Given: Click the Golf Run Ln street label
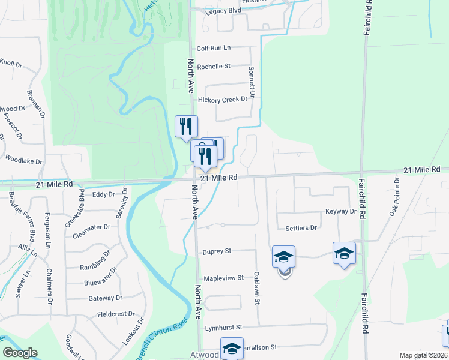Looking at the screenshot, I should (x=214, y=48).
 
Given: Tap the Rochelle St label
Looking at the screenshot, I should (x=214, y=66).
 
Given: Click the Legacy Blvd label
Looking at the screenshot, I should (x=223, y=11).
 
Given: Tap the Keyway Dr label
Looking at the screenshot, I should (x=341, y=212).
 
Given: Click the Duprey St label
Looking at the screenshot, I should (x=217, y=252).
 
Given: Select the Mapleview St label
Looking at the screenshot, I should (x=223, y=278).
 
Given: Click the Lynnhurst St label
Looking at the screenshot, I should (x=223, y=328).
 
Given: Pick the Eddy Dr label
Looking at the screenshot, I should (x=103, y=194).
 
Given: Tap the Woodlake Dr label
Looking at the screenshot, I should (x=24, y=161).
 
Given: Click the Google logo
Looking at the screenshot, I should (x=20, y=353).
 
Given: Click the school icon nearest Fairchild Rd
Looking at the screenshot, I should (x=344, y=253).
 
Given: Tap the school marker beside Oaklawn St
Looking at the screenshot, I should (x=283, y=257).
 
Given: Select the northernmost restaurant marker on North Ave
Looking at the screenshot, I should (x=186, y=126).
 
